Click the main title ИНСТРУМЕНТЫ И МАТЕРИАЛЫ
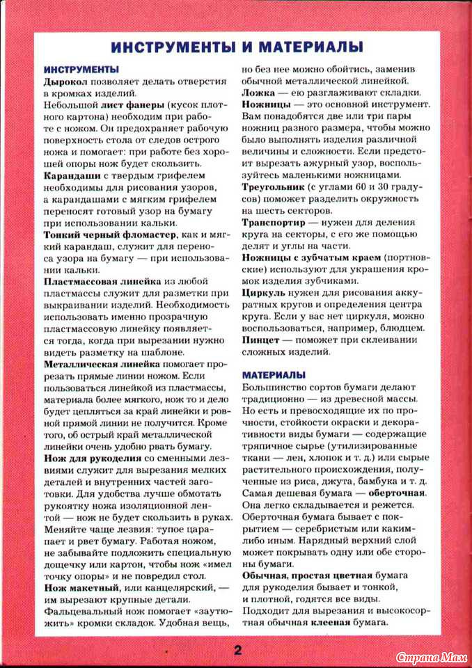click(237, 47)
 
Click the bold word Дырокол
click(65, 81)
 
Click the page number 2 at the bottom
click(237, 651)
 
